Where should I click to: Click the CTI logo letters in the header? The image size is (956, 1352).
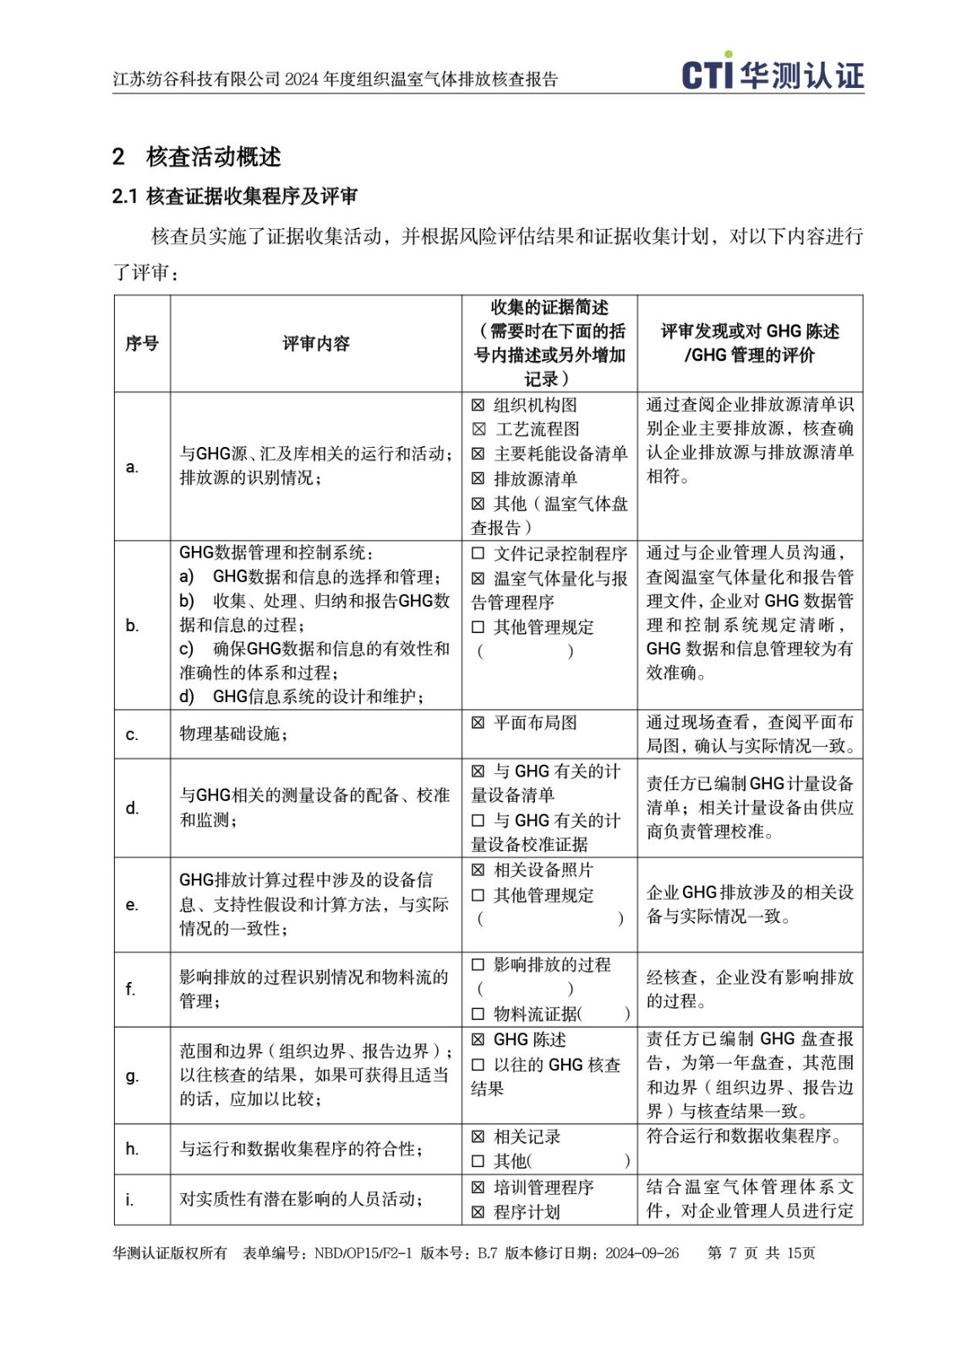tap(707, 74)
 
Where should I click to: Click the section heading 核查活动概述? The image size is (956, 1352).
tap(213, 156)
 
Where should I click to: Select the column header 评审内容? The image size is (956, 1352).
tap(315, 343)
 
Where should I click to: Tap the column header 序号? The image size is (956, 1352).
tap(142, 343)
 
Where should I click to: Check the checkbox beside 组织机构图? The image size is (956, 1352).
tap(478, 406)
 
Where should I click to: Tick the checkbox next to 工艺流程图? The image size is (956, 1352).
tap(478, 430)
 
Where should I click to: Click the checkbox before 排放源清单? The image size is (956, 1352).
tap(478, 479)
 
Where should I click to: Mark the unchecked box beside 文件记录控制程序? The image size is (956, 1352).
tap(478, 553)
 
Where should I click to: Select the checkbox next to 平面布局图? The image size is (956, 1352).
tap(478, 723)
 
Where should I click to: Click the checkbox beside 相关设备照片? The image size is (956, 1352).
tap(478, 870)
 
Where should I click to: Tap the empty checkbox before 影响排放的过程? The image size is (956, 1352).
tap(478, 965)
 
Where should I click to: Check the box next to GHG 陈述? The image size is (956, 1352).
tap(478, 1039)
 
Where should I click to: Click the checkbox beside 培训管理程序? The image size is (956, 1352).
tap(478, 1187)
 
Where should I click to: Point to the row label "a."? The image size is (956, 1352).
tap(132, 466)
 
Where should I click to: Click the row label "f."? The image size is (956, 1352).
tap(130, 989)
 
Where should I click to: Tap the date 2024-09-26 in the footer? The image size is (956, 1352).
tap(642, 1253)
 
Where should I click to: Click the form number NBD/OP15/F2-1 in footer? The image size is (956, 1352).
tap(363, 1253)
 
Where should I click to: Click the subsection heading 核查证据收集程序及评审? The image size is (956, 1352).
tap(251, 196)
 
